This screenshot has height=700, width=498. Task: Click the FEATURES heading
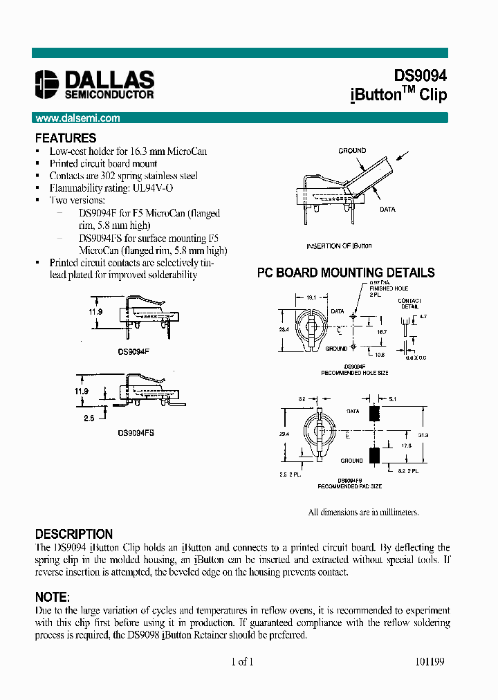click(66, 138)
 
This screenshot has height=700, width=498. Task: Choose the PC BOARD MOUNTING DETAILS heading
click(346, 273)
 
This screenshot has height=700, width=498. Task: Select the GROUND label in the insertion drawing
click(352, 150)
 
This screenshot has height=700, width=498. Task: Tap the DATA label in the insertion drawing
click(387, 209)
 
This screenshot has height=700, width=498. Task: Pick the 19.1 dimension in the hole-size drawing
click(311, 297)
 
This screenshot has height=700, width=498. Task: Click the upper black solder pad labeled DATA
click(376, 414)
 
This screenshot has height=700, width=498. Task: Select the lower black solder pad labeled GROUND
click(376, 457)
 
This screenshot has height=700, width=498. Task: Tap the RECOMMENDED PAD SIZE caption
click(349, 486)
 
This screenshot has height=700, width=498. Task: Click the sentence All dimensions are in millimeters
click(363, 513)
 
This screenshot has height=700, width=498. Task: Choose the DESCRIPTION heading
click(74, 534)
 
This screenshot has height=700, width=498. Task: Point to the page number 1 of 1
click(243, 661)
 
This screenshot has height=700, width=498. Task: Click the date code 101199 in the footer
click(430, 661)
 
